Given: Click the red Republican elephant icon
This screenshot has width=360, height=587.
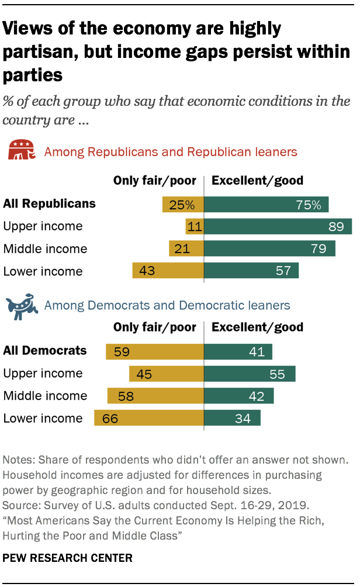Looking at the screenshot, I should (20, 151).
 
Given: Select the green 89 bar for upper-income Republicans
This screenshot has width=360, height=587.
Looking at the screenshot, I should (278, 226).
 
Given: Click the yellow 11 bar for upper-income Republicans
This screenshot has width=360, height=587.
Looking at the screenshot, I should (195, 226).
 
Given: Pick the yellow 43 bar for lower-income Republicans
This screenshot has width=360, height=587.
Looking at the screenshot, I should (168, 271).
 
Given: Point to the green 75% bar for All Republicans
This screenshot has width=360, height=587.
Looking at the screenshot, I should (266, 205).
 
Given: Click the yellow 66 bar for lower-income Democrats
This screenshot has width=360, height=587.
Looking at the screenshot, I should (149, 418).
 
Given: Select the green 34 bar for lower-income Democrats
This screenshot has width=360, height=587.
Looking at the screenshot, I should (232, 418).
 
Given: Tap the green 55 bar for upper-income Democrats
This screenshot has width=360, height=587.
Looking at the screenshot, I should (250, 374).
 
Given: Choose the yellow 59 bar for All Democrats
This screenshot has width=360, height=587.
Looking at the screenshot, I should (155, 351).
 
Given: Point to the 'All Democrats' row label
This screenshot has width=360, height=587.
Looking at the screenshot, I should (45, 351).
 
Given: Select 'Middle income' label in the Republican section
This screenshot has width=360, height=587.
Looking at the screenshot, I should (45, 248).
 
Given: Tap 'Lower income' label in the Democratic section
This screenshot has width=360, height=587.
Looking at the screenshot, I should (43, 418).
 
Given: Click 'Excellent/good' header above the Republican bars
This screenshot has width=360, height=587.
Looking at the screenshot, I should (257, 180).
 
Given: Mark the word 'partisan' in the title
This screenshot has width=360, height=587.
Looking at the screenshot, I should (39, 52).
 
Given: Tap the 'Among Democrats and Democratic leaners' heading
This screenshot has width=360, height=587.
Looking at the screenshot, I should (167, 305).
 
